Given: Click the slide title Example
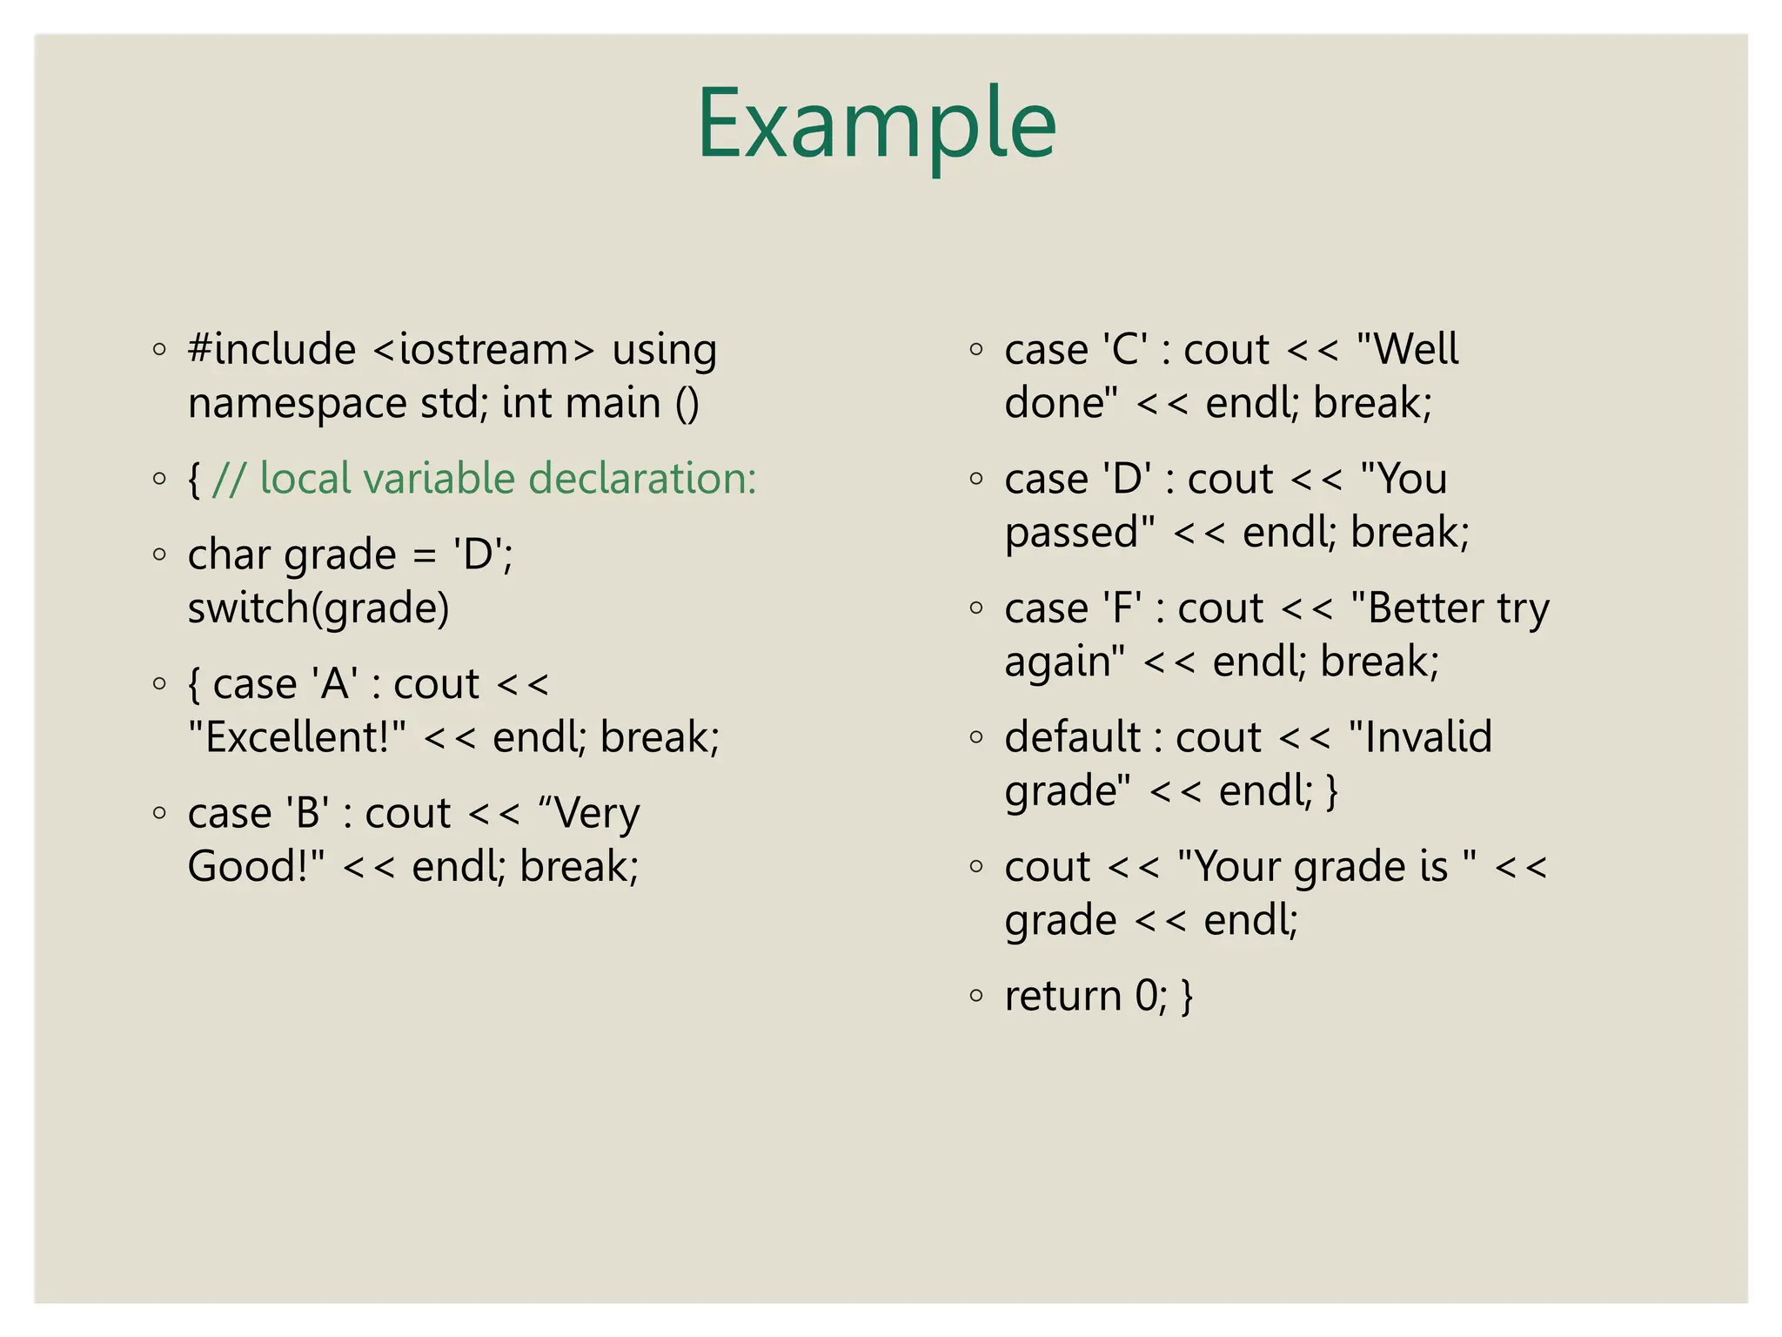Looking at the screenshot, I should click(x=876, y=124).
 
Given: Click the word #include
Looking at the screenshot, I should click(x=271, y=350).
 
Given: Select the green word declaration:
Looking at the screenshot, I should click(x=642, y=480).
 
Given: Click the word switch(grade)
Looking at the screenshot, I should click(x=318, y=608).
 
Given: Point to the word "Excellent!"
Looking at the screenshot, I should click(x=297, y=738).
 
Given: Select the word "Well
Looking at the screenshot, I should click(x=1407, y=350).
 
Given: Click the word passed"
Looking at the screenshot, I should click(x=1080, y=533).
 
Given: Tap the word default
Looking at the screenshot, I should click(x=1072, y=738).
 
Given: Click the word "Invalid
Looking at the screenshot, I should click(x=1420, y=738).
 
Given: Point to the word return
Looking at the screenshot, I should click(x=1062, y=996).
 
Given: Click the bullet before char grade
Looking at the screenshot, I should click(x=159, y=554).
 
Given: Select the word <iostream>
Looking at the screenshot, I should click(x=484, y=350).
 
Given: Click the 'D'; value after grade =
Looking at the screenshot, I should click(x=483, y=555).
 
